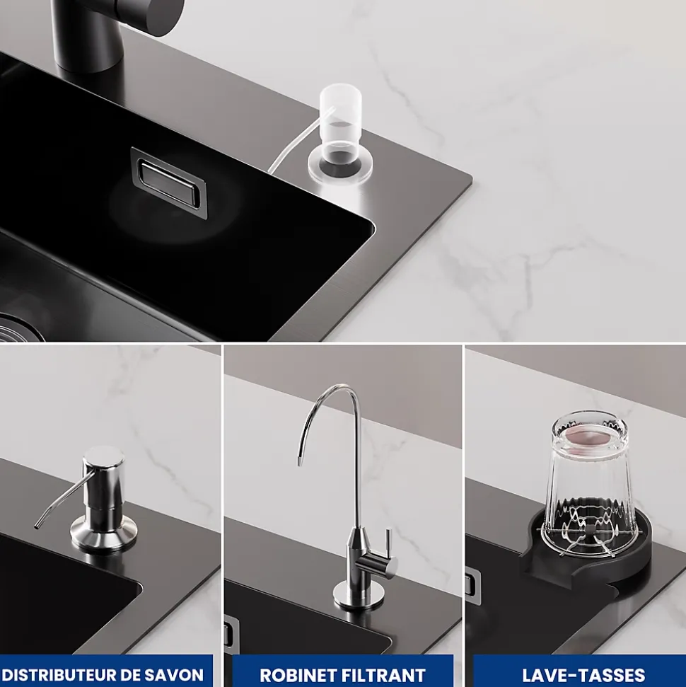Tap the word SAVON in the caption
pos(179,675)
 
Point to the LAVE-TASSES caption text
pos(584,675)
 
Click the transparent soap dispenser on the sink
pos(339,134)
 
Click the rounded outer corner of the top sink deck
pos(469,178)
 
